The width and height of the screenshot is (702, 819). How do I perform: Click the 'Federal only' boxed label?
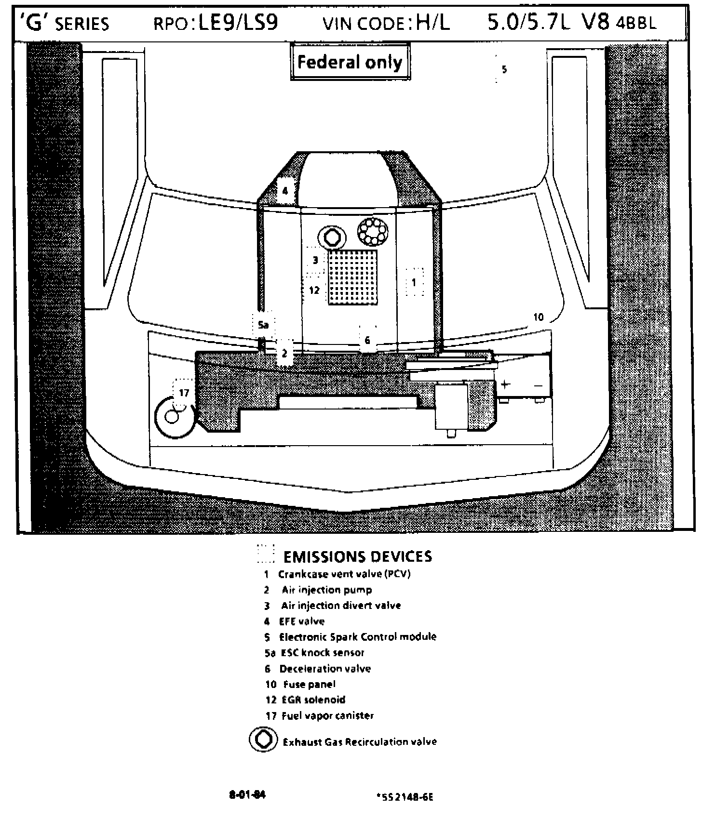pyautogui.click(x=350, y=62)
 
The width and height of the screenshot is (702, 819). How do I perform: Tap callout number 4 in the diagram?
pyautogui.click(x=285, y=191)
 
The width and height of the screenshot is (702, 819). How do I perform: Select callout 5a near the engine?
pyautogui.click(x=263, y=325)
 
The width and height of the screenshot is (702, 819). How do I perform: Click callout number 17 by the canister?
pyautogui.click(x=184, y=393)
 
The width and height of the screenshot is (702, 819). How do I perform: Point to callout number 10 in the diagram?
pyautogui.click(x=538, y=317)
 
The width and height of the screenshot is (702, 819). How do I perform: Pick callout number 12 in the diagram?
pyautogui.click(x=314, y=290)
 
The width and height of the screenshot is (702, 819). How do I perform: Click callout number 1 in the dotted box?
pyautogui.click(x=414, y=282)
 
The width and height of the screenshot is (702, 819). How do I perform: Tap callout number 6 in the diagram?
pyautogui.click(x=367, y=340)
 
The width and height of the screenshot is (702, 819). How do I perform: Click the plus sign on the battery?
pyautogui.click(x=505, y=384)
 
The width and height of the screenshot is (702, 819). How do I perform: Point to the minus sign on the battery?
pyautogui.click(x=539, y=385)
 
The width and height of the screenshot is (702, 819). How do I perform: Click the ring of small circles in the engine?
pyautogui.click(x=373, y=232)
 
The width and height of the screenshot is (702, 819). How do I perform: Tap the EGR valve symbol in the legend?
pyautogui.click(x=263, y=739)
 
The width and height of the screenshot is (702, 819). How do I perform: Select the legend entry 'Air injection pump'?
pyautogui.click(x=327, y=590)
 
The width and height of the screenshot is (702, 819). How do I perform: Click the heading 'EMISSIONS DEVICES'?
pyautogui.click(x=357, y=556)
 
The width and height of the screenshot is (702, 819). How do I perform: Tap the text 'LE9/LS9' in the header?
pyautogui.click(x=238, y=23)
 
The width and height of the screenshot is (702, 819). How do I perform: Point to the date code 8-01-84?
pyautogui.click(x=247, y=794)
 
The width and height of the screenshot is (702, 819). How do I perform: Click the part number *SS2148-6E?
pyautogui.click(x=405, y=797)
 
